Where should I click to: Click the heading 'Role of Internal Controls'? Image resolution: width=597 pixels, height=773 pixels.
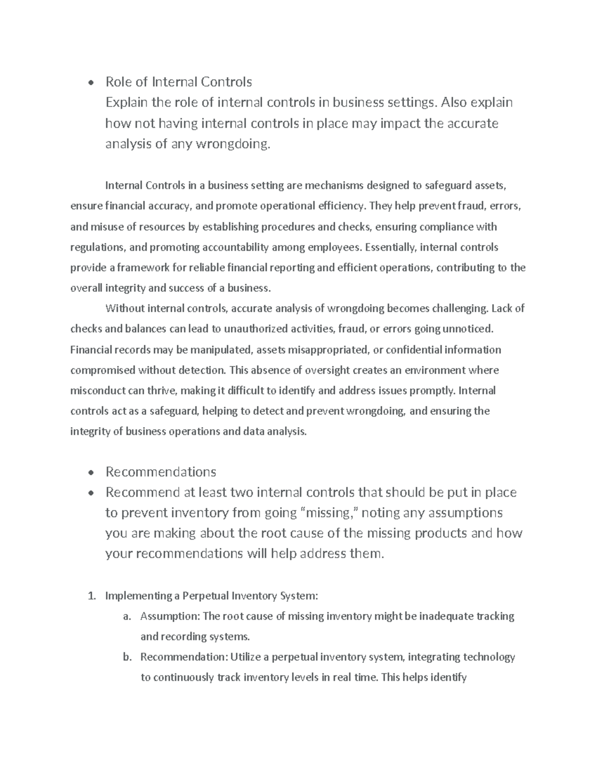point(179,82)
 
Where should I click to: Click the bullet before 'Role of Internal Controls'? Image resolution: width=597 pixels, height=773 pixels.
point(90,83)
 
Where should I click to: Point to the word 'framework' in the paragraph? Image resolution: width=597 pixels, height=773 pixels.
point(143,268)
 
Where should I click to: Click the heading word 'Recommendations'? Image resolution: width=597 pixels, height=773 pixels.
point(161,472)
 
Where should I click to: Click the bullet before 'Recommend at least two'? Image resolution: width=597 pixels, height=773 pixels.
point(90,493)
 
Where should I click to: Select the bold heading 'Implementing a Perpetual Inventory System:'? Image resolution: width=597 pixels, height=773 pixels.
point(211,596)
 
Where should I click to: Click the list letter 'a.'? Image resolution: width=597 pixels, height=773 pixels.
point(126,616)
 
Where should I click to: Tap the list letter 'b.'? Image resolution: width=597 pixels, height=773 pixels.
point(126,657)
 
